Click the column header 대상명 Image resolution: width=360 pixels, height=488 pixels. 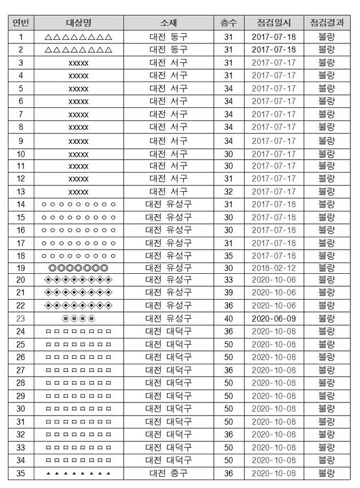click(x=78, y=23)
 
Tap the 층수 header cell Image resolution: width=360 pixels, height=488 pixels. click(x=228, y=23)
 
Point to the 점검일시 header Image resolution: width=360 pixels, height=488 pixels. click(x=273, y=23)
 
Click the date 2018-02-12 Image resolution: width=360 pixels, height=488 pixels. click(x=273, y=268)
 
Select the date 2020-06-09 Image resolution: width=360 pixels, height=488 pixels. click(x=273, y=318)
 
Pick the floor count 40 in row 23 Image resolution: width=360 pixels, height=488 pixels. click(x=228, y=318)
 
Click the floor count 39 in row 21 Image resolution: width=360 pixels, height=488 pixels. click(x=228, y=292)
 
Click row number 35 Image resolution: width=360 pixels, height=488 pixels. click(x=21, y=473)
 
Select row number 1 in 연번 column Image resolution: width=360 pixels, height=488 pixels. click(x=21, y=37)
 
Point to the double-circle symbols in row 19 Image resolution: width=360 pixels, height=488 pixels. click(x=78, y=268)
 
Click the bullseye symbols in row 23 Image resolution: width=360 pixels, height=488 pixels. click(x=78, y=318)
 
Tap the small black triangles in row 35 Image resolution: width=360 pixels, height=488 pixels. click(x=78, y=473)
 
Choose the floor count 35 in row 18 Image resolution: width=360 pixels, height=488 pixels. click(x=228, y=255)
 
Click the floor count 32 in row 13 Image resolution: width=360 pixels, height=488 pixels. click(x=228, y=191)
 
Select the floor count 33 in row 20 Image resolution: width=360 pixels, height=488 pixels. click(x=228, y=280)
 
